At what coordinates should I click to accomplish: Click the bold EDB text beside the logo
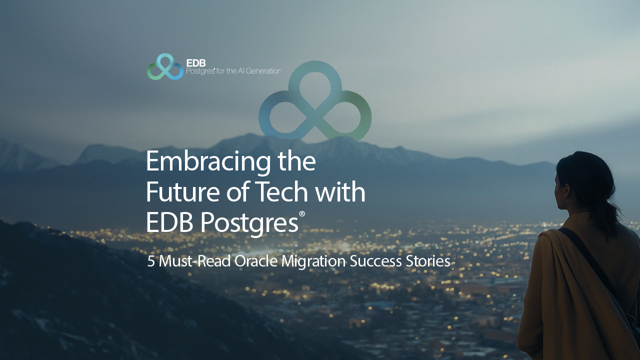tap(195, 63)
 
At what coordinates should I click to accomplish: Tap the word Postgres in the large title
tap(249, 223)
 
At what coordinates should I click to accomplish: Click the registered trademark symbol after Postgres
tap(302, 214)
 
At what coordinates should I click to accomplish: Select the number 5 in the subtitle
tap(150, 261)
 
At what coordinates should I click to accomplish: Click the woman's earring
tap(565, 201)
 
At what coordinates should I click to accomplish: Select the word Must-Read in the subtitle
tap(194, 261)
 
